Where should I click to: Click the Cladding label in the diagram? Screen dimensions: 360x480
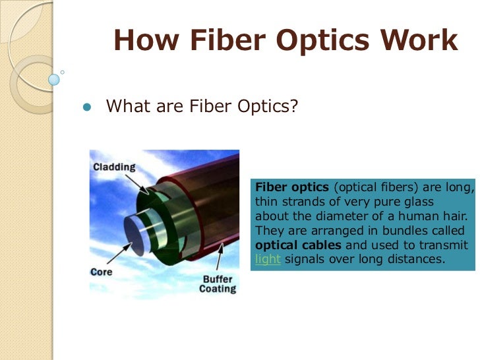[x=114, y=168]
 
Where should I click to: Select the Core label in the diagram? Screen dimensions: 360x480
[x=102, y=272]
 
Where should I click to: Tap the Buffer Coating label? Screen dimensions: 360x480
[x=217, y=284]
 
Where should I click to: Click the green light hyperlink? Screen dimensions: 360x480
[x=268, y=259]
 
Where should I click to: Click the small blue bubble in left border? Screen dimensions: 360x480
[x=54, y=79]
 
